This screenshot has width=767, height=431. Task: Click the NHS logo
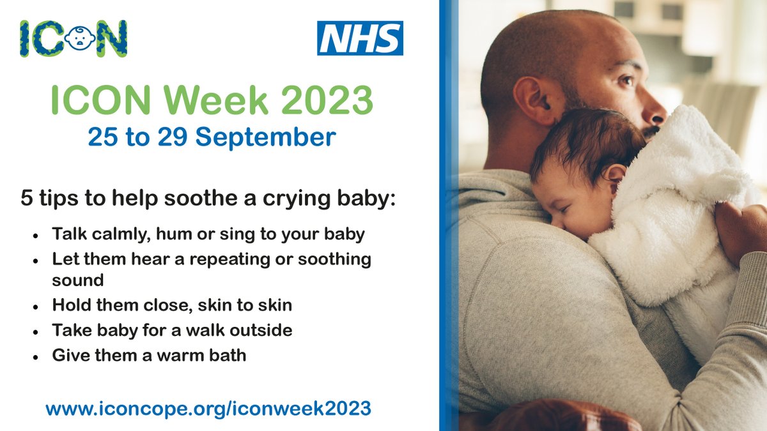(x=360, y=38)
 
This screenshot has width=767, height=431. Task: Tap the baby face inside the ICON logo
(x=81, y=38)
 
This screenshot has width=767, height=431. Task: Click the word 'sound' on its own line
(x=77, y=281)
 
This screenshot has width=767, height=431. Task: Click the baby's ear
(x=615, y=176)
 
